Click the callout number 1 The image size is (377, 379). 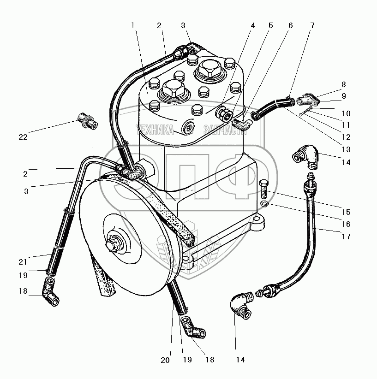[x=134, y=25]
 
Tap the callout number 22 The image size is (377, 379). [x=23, y=136]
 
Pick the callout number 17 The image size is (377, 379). [x=346, y=237]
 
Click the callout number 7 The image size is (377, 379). [x=313, y=26]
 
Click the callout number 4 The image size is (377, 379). [x=252, y=26]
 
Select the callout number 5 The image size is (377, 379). [x=270, y=26]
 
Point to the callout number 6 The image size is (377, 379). [x=290, y=26]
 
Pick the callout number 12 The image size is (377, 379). [x=346, y=137]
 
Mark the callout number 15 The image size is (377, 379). [x=346, y=212]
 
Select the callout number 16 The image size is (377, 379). [x=346, y=224]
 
